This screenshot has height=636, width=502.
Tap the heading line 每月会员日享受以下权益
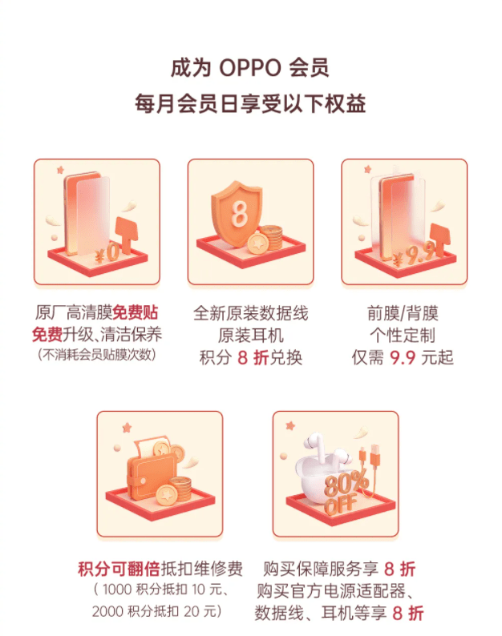click(250, 104)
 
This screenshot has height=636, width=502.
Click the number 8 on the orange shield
click(238, 215)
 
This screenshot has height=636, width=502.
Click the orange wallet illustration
click(147, 473)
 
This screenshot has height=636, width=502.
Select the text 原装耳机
click(250, 335)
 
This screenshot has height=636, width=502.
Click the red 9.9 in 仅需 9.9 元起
click(405, 357)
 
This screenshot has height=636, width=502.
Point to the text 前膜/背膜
click(403, 312)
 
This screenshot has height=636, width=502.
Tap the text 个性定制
click(403, 335)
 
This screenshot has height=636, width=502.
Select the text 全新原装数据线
click(250, 312)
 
